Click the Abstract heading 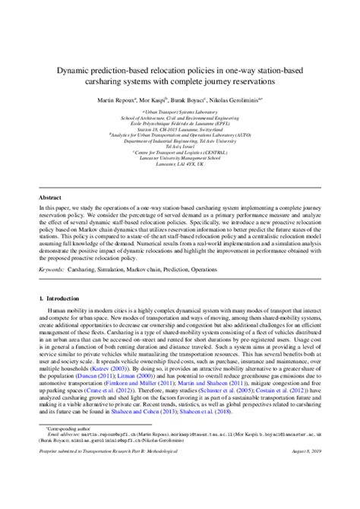coord(51,196)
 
